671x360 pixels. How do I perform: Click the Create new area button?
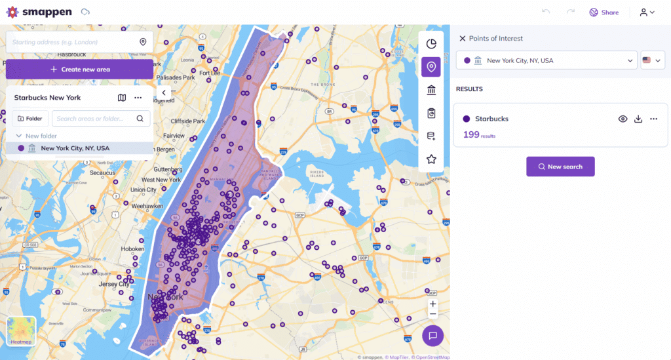click(79, 69)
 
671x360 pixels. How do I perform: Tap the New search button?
click(560, 167)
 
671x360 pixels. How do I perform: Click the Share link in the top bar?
click(604, 12)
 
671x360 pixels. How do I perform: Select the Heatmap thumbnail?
click(21, 331)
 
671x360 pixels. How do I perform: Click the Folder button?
click(30, 119)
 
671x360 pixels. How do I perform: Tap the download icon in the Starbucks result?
click(638, 119)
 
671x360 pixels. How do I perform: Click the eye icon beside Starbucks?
click(623, 119)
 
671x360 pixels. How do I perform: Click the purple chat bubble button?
click(432, 336)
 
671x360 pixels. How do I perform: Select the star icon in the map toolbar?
click(431, 159)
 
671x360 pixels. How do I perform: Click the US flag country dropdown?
click(653, 60)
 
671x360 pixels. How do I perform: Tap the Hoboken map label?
click(132, 249)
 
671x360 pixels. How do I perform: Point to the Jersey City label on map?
click(113, 284)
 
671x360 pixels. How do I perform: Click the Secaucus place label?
click(102, 172)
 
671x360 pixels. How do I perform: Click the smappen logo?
click(39, 12)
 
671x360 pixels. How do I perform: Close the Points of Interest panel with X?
click(462, 39)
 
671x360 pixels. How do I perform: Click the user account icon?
click(647, 12)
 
